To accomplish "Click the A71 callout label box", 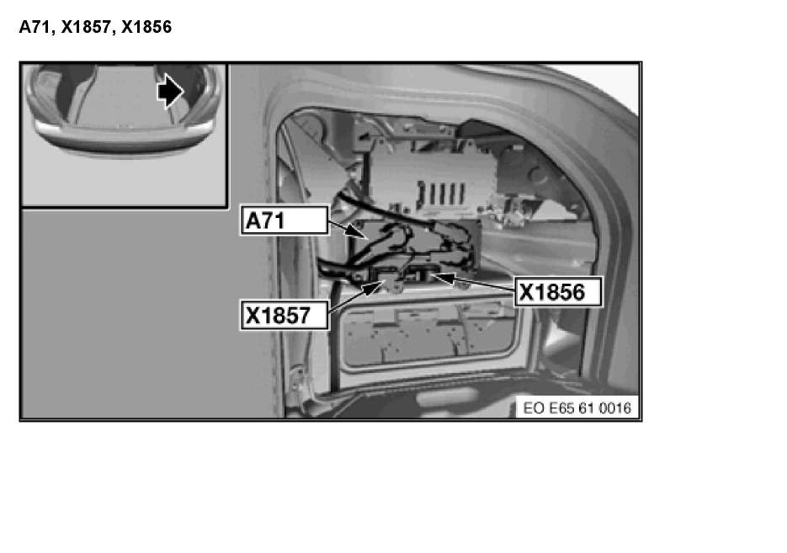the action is click(x=284, y=221).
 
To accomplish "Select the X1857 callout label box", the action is click(x=284, y=316).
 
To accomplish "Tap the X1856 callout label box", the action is click(x=558, y=292).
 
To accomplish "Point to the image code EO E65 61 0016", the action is click(x=577, y=408).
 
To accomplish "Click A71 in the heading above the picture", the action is click(x=35, y=27).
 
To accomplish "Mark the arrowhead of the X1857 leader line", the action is click(x=378, y=282).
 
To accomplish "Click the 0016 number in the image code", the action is click(x=616, y=408).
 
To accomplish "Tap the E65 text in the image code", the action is click(x=561, y=408).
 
